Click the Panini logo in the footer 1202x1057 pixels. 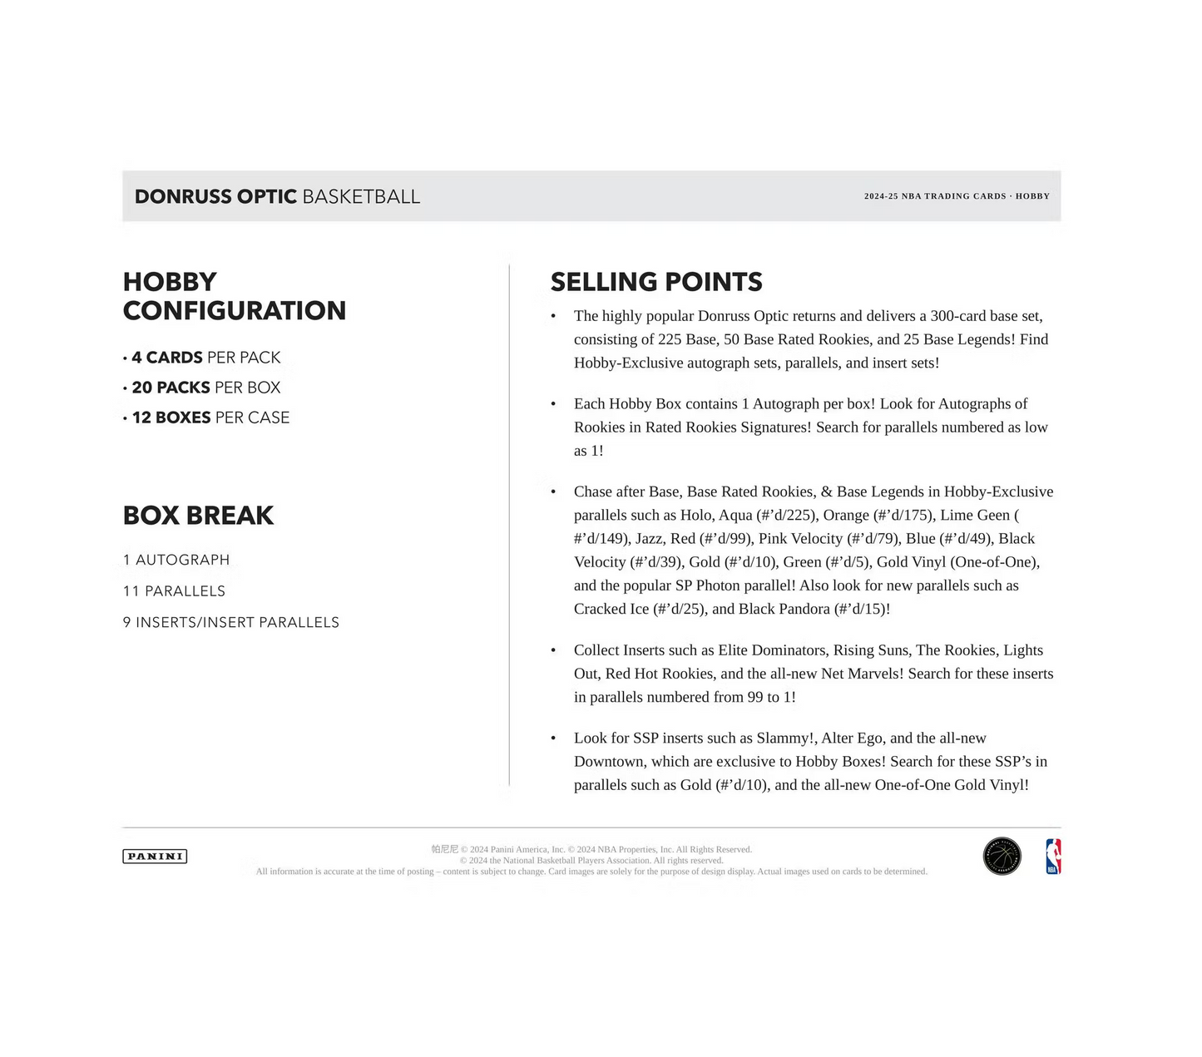(x=155, y=856)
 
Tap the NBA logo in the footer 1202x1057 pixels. (x=1053, y=857)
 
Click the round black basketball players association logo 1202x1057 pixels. (x=1002, y=857)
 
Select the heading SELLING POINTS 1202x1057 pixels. (x=656, y=282)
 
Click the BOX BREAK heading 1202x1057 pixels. (x=198, y=516)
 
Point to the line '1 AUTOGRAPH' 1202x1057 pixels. (x=176, y=560)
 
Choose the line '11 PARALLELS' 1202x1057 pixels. (x=174, y=591)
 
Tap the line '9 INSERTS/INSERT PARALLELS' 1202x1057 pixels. (x=231, y=622)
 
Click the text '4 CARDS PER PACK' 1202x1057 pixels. (x=205, y=358)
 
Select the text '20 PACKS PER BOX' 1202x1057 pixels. (x=205, y=388)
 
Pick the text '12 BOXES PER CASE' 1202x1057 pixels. (x=210, y=417)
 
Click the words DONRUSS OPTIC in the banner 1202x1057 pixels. (x=215, y=197)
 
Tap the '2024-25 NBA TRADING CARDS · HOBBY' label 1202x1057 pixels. (x=957, y=196)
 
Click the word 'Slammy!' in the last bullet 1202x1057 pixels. (x=786, y=738)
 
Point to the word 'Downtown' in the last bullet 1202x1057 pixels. (x=608, y=761)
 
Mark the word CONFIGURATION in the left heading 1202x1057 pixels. (x=235, y=311)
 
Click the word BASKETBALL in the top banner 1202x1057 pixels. (x=361, y=197)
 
